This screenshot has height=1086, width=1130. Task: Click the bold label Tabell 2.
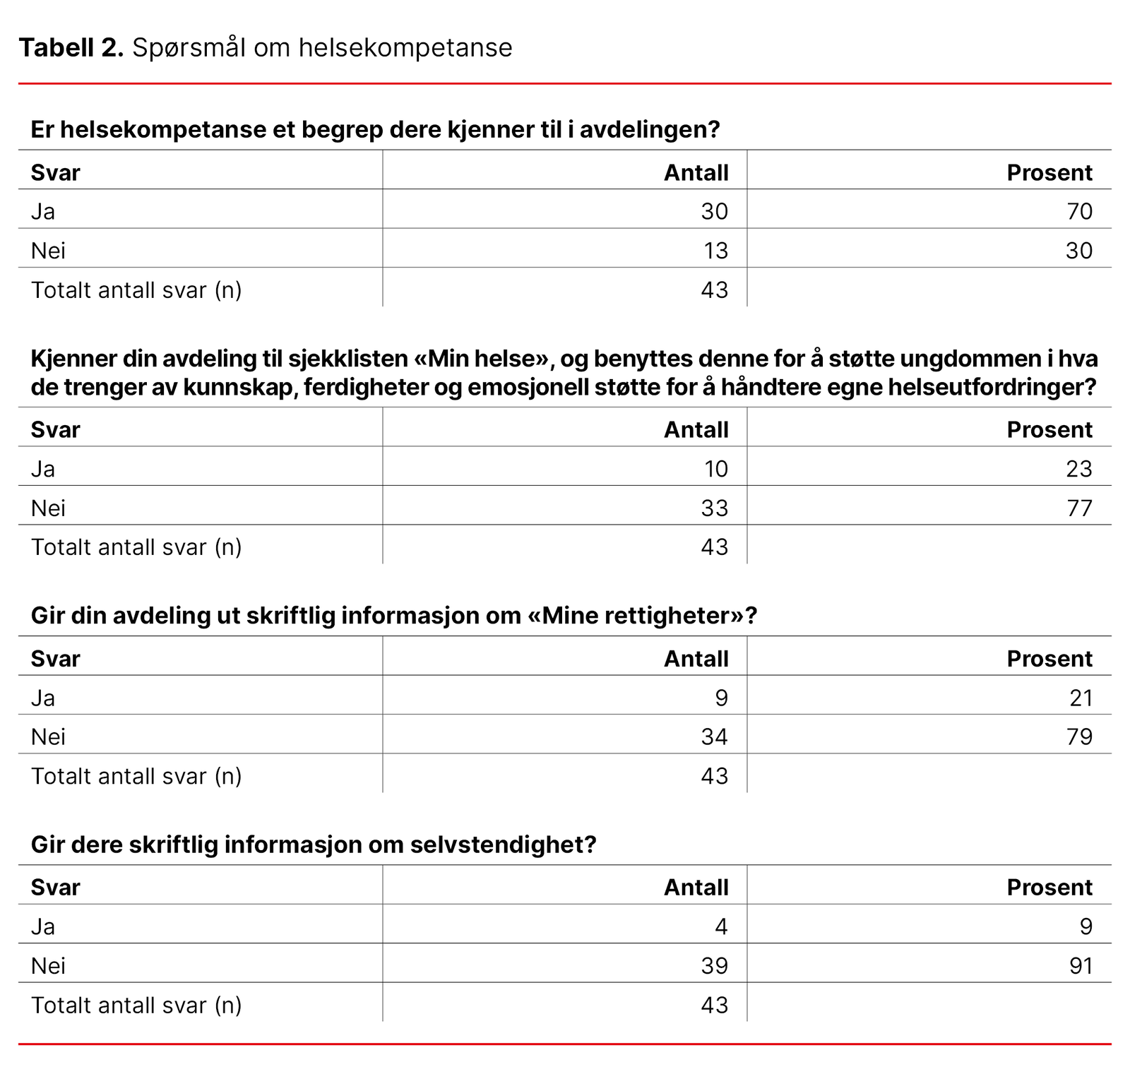click(x=71, y=48)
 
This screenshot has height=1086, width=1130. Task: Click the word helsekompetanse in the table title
click(x=405, y=48)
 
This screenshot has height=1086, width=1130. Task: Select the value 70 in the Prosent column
click(x=1079, y=211)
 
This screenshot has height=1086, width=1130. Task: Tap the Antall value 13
click(x=715, y=251)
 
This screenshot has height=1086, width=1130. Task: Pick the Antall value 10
click(x=715, y=469)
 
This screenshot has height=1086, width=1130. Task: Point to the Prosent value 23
click(x=1078, y=469)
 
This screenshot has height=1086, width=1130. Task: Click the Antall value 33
click(x=714, y=508)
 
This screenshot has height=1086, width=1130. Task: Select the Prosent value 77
click(x=1079, y=508)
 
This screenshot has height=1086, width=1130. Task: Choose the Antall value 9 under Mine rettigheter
click(x=721, y=698)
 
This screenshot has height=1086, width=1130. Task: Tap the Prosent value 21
click(x=1081, y=698)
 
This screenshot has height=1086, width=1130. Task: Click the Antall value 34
click(x=714, y=737)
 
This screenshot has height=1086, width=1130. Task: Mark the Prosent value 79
click(x=1079, y=737)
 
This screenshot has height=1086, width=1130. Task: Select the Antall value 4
click(x=721, y=926)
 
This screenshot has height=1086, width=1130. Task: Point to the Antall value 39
click(x=714, y=966)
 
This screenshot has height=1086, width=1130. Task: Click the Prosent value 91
click(x=1081, y=966)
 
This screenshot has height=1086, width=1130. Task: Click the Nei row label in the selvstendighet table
click(x=48, y=966)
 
